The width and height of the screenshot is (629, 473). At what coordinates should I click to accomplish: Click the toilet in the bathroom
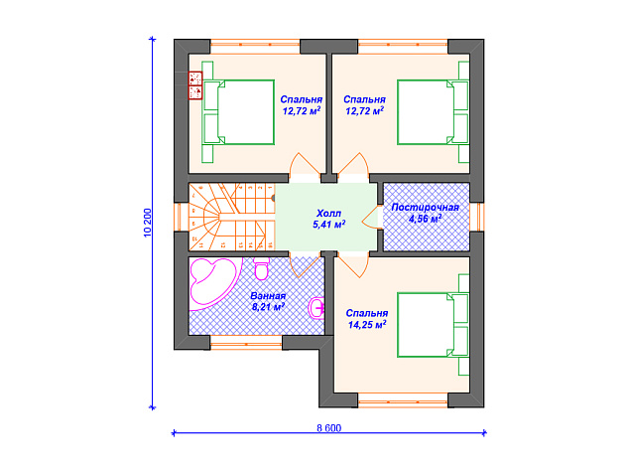(x=262, y=268)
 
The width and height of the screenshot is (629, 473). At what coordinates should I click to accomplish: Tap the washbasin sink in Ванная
(x=316, y=308)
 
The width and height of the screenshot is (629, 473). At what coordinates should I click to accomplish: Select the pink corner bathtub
(x=214, y=281)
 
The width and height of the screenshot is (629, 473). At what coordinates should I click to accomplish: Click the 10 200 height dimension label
(x=147, y=223)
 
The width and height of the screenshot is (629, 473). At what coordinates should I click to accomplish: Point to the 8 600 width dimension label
(x=329, y=428)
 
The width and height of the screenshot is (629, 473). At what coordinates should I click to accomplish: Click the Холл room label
(x=328, y=213)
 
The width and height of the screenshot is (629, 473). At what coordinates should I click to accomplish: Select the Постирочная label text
(x=425, y=208)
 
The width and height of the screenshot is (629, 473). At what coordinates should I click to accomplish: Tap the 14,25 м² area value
(x=367, y=324)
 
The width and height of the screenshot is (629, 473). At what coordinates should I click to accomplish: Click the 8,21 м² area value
(x=268, y=307)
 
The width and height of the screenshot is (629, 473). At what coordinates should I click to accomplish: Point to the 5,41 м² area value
(x=329, y=225)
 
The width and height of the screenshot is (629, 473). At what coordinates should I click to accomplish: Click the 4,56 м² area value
(x=426, y=219)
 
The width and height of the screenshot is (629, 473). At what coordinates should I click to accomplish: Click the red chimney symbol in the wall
(x=195, y=85)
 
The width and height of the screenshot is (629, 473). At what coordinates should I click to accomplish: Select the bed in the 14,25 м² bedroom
(x=434, y=325)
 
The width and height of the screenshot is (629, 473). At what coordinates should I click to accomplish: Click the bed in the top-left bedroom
(x=238, y=112)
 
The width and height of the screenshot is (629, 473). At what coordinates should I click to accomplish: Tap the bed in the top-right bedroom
(x=434, y=112)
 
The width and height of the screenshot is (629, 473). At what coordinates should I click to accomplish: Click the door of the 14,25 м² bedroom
(x=353, y=265)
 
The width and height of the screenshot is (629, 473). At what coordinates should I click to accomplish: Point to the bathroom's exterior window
(x=246, y=343)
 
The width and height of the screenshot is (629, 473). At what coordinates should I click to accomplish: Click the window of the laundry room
(x=477, y=217)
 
